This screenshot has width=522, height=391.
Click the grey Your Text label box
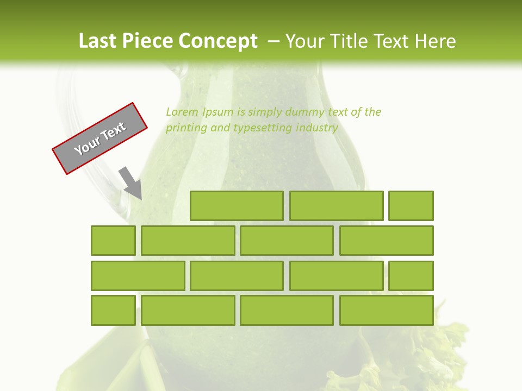100,138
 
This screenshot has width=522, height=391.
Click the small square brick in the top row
411,206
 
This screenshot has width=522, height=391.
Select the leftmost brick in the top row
237,206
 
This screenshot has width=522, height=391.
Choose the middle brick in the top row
336,206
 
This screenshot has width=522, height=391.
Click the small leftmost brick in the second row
113,241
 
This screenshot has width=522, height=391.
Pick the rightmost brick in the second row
387,241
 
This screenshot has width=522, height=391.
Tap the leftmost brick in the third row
138,276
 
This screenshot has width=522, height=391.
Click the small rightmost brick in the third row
411,276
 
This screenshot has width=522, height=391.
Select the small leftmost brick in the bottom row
113,310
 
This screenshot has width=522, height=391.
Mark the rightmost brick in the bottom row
387,310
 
